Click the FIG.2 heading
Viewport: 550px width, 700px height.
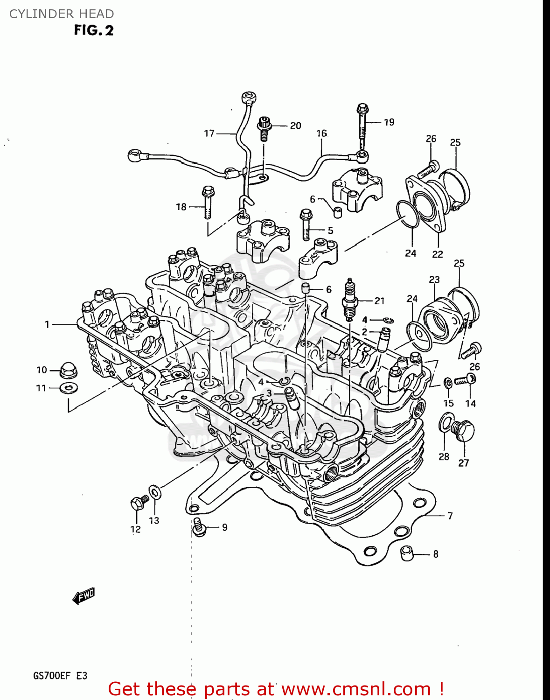point(93,30)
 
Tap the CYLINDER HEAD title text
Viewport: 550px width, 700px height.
point(61,14)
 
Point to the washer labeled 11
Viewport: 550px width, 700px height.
point(69,387)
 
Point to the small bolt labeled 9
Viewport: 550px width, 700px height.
point(199,527)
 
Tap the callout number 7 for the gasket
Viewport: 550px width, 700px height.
point(450,516)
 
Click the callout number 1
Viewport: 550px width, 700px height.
point(47,324)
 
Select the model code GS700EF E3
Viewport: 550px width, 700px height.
point(60,676)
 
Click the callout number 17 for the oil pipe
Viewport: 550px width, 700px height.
point(209,133)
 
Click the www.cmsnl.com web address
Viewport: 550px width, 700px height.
point(356,689)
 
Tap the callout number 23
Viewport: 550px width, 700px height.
point(434,280)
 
